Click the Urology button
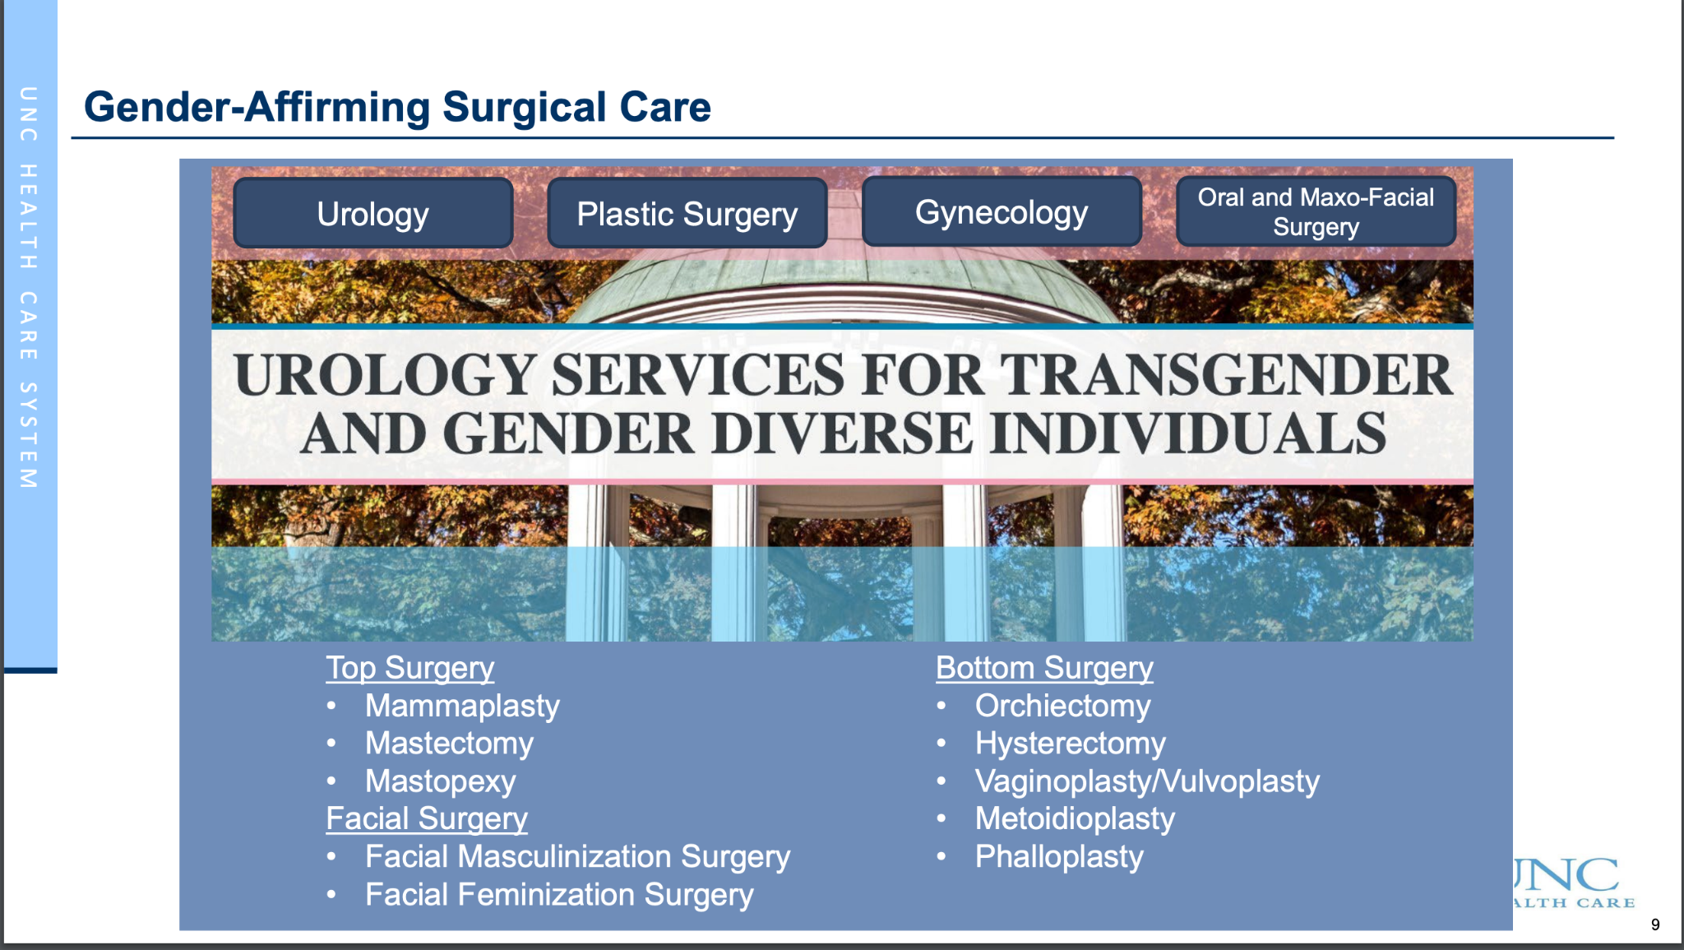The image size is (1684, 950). [x=373, y=213]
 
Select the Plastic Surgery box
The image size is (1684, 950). [x=687, y=213]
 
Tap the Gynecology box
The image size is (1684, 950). [x=1002, y=211]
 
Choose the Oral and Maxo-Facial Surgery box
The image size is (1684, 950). [x=1316, y=211]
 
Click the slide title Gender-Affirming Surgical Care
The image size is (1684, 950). [x=397, y=108]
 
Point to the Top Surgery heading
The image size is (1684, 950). [x=410, y=668]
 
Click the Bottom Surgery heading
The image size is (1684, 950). [x=1044, y=668]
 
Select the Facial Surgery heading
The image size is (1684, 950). [x=427, y=818]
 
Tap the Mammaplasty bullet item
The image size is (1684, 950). [x=462, y=706]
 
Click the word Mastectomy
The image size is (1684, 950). [x=450, y=744]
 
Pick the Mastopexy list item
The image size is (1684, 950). [x=441, y=781]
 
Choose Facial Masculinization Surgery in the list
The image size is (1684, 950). [x=578, y=856]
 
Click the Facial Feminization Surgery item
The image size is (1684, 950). [x=559, y=894]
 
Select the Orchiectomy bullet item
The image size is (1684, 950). [x=1063, y=706]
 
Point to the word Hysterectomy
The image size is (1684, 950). [x=1071, y=744]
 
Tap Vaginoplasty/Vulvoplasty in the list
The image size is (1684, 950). [x=1147, y=781]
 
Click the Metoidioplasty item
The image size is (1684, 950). [x=1075, y=818]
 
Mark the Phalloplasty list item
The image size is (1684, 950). [x=1059, y=856]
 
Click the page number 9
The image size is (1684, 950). [x=1655, y=925]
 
